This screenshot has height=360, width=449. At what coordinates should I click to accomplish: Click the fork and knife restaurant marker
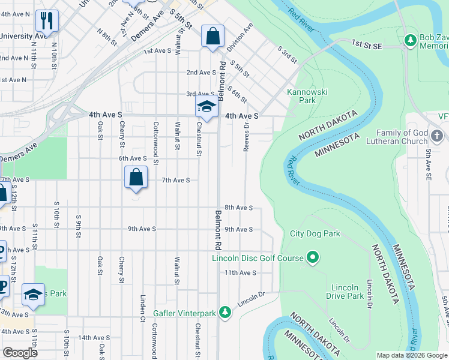point(46,21)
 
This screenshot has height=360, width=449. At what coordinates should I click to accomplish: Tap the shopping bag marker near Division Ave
point(212,36)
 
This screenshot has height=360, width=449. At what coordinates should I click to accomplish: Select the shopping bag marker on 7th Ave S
point(136,178)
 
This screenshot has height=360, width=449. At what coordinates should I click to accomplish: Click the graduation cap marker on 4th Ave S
point(206,106)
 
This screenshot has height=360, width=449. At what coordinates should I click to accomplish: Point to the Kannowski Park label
point(301,97)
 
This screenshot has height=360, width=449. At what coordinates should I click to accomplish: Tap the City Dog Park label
point(315,233)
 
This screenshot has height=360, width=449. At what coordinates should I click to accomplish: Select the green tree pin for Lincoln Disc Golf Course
point(312,258)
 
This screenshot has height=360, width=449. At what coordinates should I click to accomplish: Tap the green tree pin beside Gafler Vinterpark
point(225,312)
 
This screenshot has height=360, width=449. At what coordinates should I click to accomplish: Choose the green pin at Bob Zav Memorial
point(410,40)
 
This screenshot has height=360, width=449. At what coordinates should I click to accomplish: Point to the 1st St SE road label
point(367,44)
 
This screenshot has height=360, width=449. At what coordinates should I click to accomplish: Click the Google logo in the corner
point(19,353)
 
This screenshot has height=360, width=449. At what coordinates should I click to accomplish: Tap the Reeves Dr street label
point(246,135)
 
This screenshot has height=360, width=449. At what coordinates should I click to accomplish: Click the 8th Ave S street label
point(238,208)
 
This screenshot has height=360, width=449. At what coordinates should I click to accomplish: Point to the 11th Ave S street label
point(241,272)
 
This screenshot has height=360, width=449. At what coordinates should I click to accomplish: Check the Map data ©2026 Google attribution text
point(411,355)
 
